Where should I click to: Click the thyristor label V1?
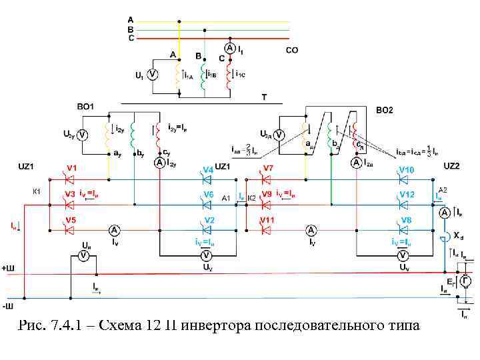pos(71,168)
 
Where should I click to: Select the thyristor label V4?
pos(208,169)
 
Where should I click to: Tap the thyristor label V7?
pos(269,168)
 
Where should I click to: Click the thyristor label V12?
pos(407,194)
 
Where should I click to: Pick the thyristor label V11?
pos(268,219)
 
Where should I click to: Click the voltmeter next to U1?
pos(152,75)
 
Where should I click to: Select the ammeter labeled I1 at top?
pos(228,49)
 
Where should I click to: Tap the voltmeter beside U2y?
pos(83,135)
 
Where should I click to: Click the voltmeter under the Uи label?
pos(84,255)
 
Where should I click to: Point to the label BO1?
pos(85,107)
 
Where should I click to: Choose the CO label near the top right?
pos(292,50)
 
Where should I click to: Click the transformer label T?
pos(264,97)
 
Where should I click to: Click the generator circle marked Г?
pos(465,281)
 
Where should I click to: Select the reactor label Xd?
pos(459,235)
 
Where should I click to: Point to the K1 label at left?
pos(37,191)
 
